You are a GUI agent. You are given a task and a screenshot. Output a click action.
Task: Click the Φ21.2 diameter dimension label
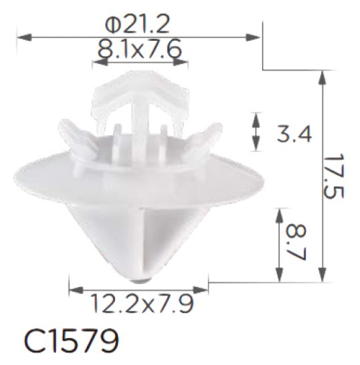pyautogui.click(x=138, y=24)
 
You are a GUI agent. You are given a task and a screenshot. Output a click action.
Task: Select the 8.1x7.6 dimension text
pyautogui.click(x=140, y=49)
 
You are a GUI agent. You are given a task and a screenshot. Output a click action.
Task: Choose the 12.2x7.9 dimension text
pyautogui.click(x=139, y=304)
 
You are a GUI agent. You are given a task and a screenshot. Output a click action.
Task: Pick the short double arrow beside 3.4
pyautogui.click(x=255, y=132)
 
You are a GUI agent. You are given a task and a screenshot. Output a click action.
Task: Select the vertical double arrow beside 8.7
pyautogui.click(x=280, y=245)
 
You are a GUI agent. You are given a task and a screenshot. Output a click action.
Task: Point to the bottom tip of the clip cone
pyautogui.click(x=139, y=275)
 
